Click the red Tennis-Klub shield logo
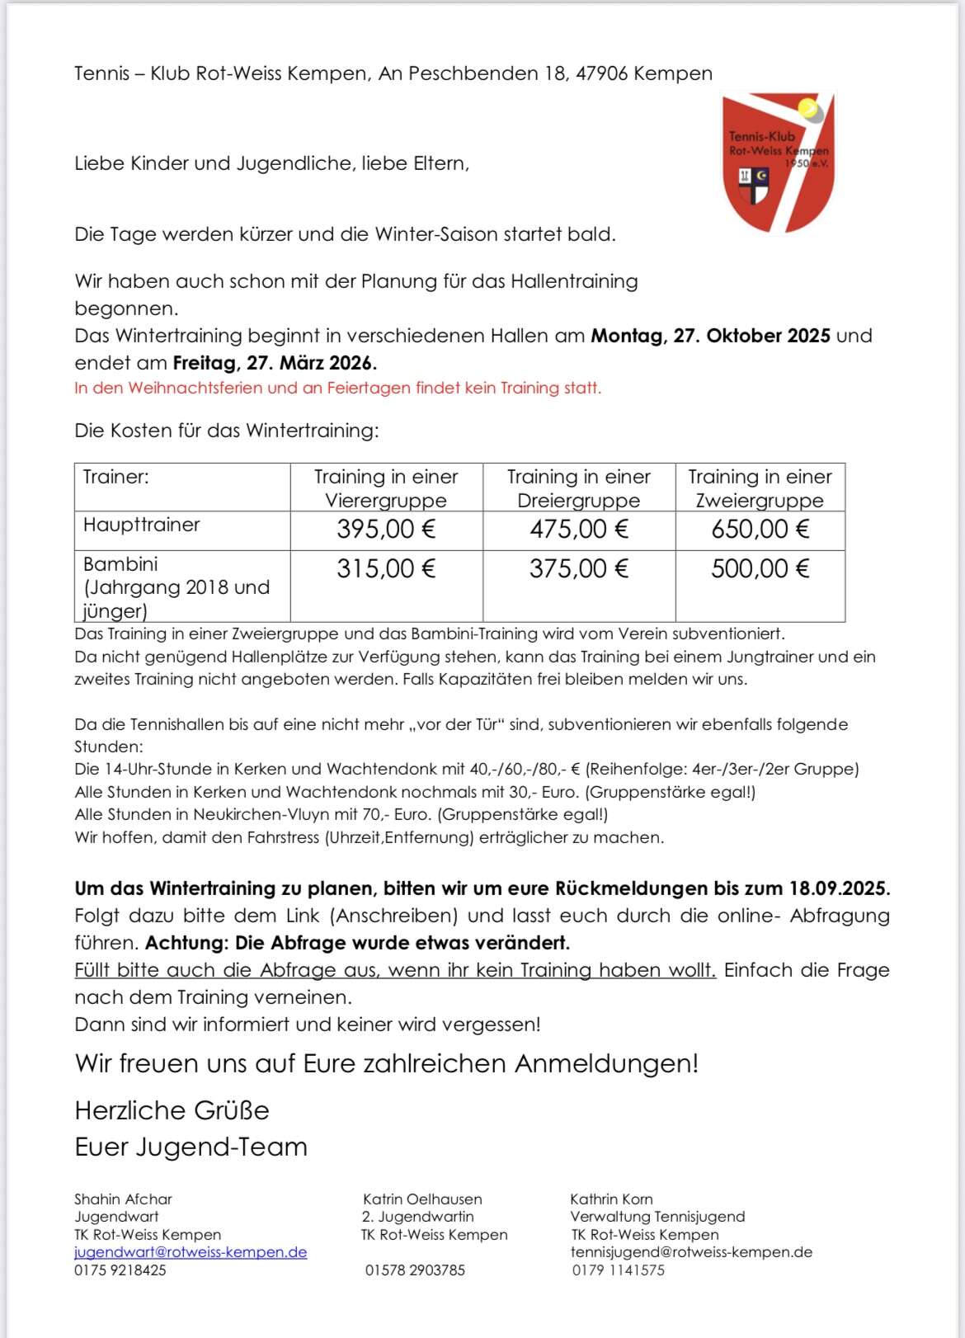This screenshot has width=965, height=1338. (x=778, y=163)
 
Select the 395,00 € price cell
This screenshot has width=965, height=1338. (x=386, y=530)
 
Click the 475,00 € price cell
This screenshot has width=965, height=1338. (x=579, y=530)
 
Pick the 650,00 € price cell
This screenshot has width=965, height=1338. (x=760, y=530)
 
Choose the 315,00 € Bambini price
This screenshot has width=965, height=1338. (x=386, y=569)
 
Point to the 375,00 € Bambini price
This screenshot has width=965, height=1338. (x=579, y=569)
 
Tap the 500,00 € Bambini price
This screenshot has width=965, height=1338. (x=760, y=569)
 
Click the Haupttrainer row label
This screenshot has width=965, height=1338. (x=142, y=525)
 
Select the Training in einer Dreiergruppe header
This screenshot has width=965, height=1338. (x=579, y=488)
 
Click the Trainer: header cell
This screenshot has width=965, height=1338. (x=116, y=477)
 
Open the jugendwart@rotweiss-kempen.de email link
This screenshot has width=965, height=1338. (x=191, y=1252)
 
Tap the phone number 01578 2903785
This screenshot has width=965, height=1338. (x=415, y=1270)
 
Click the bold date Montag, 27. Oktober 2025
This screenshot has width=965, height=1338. (x=710, y=336)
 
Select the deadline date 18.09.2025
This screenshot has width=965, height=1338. (x=840, y=888)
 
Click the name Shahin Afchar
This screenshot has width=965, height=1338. (x=124, y=1199)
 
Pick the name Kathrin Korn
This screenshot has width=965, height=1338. (x=611, y=1199)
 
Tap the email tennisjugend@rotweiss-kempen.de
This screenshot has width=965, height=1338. (x=691, y=1252)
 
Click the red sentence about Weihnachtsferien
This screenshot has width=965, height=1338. (x=338, y=388)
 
